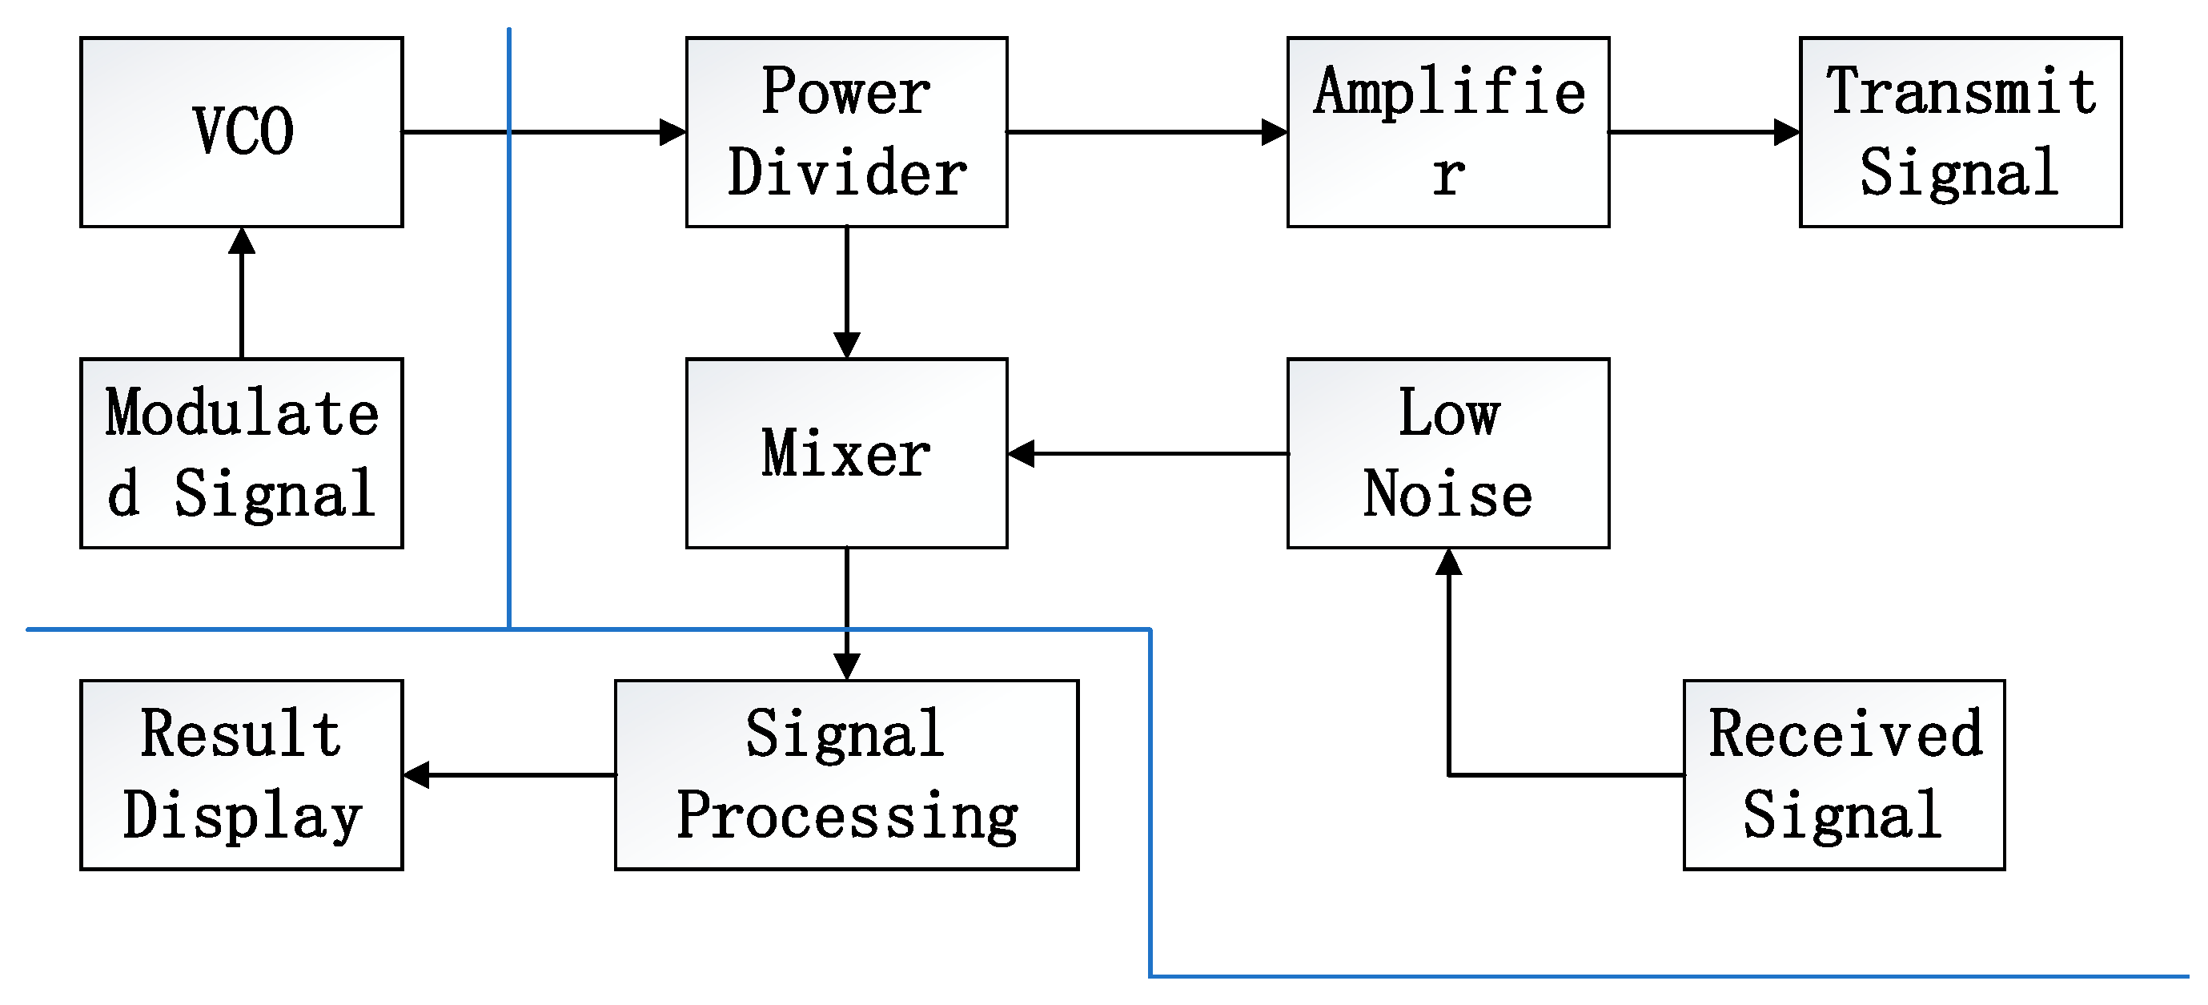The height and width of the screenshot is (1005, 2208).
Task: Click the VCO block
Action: click(242, 132)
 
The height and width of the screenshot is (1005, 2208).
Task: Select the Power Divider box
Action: click(846, 132)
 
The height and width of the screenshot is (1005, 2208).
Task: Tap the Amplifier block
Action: click(1447, 132)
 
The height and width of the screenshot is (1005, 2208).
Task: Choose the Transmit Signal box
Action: click(1961, 132)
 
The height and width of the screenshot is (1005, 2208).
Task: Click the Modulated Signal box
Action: click(242, 452)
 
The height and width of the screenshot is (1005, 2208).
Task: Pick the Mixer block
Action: click(846, 452)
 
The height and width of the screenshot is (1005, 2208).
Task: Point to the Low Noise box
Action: click(1447, 452)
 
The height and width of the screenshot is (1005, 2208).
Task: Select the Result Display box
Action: click(242, 774)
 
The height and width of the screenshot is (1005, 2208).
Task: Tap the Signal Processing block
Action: click(846, 774)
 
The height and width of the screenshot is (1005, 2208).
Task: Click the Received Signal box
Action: click(1844, 774)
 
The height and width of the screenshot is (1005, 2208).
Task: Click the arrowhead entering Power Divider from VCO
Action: click(672, 132)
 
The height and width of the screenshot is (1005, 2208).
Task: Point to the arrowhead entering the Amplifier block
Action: click(1275, 132)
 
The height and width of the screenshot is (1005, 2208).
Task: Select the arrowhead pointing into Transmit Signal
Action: click(1787, 132)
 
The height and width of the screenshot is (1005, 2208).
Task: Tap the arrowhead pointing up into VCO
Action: click(242, 241)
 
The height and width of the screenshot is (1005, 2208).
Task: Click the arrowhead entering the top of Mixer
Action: click(846, 346)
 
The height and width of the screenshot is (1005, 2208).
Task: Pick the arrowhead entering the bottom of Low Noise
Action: click(1447, 562)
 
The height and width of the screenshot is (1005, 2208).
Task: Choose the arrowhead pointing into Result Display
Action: click(416, 774)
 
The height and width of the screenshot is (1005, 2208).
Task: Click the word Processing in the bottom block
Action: click(846, 815)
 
